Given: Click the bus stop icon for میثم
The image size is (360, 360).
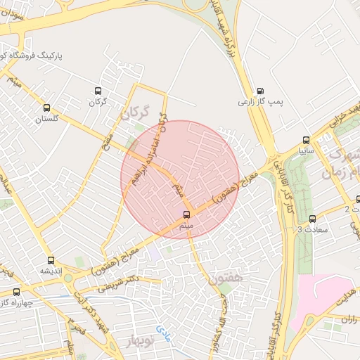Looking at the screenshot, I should [x=186, y=214].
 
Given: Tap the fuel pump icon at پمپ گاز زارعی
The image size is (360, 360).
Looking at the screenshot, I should [x=261, y=91].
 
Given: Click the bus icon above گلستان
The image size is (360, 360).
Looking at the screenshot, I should [x=47, y=108].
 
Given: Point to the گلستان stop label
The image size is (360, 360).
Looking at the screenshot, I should [x=49, y=119].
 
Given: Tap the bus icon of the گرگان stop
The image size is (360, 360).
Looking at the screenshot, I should [x=98, y=91].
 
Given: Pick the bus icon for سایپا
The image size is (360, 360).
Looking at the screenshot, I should [x=306, y=139].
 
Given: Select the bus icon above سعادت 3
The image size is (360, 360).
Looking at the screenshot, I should [x=312, y=218].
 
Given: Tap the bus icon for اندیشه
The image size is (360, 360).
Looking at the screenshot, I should [x=50, y=260].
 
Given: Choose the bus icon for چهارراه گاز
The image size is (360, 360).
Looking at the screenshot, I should [x=17, y=292].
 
